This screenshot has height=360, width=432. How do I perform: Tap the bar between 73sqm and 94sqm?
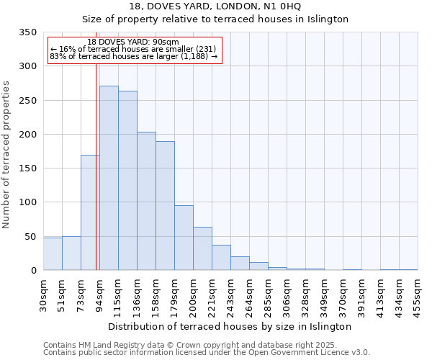[x=90, y=212]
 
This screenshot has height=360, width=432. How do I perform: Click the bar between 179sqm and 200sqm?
[x=184, y=238]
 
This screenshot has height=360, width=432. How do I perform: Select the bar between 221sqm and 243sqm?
[x=221, y=257]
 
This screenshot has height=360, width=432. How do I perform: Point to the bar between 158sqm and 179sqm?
[x=165, y=205]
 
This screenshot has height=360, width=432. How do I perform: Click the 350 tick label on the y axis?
[x=27, y=32]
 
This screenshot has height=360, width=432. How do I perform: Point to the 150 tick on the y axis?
[x=27, y=168]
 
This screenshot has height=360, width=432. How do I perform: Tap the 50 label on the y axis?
[x=30, y=236]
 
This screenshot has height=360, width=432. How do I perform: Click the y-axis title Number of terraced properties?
[x=6, y=154]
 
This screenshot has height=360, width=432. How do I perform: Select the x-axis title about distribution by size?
[x=230, y=326]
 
